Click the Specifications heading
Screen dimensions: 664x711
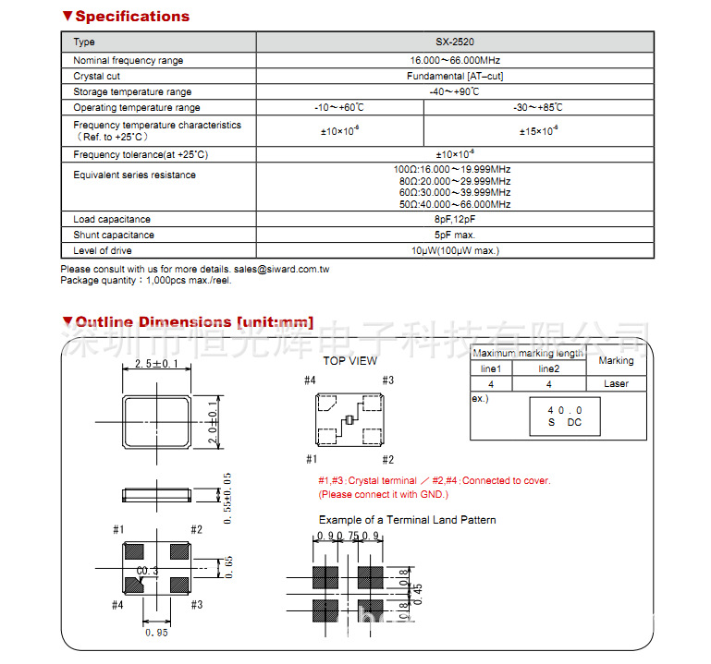(x=131, y=17)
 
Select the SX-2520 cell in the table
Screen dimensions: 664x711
(x=454, y=42)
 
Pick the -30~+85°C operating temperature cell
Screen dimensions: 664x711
(x=537, y=108)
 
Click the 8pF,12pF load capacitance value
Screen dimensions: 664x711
(x=454, y=220)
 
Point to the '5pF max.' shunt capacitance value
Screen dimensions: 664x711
(x=454, y=235)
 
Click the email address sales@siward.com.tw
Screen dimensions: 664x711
(x=281, y=269)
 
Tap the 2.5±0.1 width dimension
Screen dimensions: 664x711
(x=156, y=365)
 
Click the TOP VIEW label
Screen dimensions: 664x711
(x=349, y=361)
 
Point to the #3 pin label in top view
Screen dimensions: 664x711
(x=387, y=380)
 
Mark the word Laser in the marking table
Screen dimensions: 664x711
(x=616, y=383)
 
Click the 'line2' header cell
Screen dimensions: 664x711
(x=548, y=368)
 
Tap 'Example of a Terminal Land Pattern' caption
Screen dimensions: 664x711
(x=407, y=520)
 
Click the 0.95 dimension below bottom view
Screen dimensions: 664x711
(x=156, y=634)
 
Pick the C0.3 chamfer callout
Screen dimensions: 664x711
(x=148, y=572)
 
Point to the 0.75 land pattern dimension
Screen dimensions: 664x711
(x=348, y=536)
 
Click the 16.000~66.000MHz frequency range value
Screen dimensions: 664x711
(x=454, y=60)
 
